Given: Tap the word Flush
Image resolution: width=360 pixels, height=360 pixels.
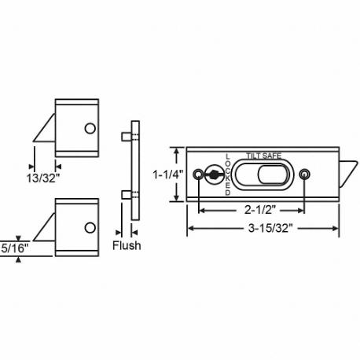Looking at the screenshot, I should [x=126, y=246].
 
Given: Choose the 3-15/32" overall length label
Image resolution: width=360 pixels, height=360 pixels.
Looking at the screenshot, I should [x=262, y=229].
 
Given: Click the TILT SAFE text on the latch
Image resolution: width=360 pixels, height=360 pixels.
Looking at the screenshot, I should [x=263, y=156].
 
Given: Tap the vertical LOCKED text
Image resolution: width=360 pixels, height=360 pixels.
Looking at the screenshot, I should [x=228, y=174].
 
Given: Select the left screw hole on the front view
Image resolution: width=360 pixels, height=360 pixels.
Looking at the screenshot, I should [x=198, y=174].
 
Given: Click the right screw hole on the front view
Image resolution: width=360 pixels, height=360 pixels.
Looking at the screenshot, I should [x=306, y=174].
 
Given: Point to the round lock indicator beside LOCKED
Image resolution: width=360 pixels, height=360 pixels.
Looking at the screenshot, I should [x=214, y=174].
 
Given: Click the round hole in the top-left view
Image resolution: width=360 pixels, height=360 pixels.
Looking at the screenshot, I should [x=89, y=128].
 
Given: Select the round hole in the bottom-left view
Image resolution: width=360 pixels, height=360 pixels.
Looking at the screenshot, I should [x=89, y=228].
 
